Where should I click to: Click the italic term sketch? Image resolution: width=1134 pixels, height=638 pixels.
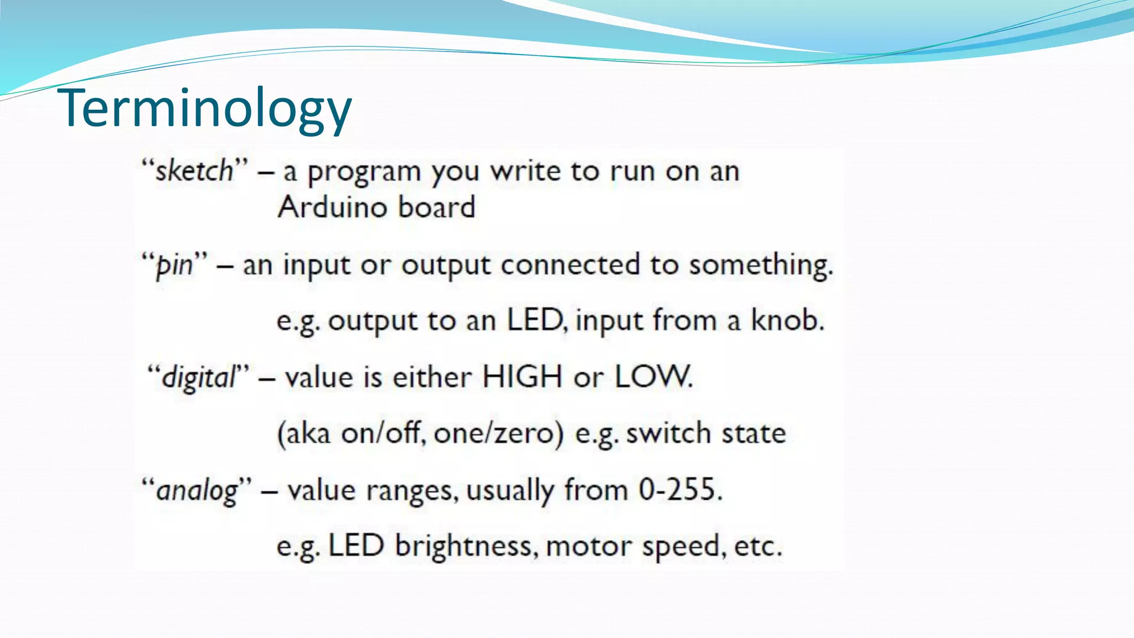click(194, 171)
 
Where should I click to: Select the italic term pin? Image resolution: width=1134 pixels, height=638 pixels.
click(174, 265)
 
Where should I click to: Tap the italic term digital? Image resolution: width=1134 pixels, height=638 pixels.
click(199, 378)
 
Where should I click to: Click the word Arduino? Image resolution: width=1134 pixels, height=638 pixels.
click(332, 207)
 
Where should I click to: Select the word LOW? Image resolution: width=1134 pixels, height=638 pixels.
click(653, 377)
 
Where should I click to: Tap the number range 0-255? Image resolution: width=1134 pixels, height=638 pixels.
click(679, 490)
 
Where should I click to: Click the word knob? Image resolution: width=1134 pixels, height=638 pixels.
click(787, 320)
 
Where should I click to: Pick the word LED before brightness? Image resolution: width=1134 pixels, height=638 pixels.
click(356, 546)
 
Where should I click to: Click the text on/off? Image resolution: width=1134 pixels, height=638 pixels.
click(383, 433)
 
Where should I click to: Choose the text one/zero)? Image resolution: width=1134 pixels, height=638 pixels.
click(498, 433)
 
